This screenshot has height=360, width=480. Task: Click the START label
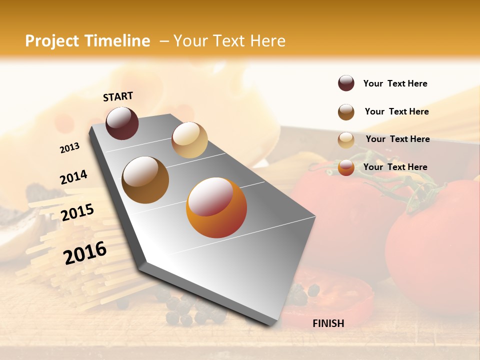tap(118, 96)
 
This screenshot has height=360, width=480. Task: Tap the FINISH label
tap(328, 323)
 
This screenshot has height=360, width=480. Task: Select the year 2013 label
tap(69, 147)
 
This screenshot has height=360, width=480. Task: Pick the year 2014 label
tap(73, 177)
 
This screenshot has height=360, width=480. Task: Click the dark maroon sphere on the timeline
tap(122, 123)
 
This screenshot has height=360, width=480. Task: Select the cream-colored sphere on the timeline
tap(189, 140)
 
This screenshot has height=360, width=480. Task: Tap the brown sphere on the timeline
tap(145, 180)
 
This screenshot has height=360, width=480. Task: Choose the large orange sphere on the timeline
tap(216, 207)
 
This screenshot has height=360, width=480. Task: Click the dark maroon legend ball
tap(346, 83)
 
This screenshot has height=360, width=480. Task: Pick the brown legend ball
tap(346, 112)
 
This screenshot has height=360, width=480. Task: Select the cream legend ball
tap(346, 140)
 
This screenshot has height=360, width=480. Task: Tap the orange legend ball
tap(346, 167)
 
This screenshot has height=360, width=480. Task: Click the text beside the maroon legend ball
tap(395, 83)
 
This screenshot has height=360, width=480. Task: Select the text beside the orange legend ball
tap(395, 167)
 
